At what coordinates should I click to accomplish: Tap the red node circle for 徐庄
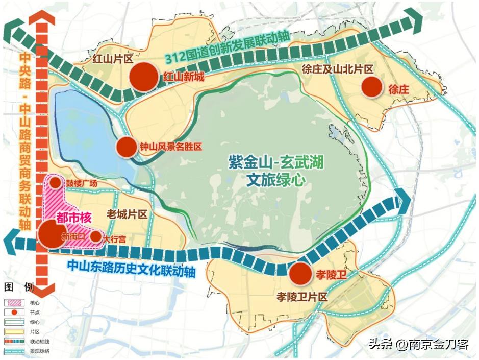pos(372,87)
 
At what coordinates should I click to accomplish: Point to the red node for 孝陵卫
pos(301,274)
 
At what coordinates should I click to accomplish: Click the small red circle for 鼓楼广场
pos(55,183)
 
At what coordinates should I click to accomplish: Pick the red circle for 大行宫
pos(95,236)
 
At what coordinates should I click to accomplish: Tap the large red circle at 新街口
pos(52,235)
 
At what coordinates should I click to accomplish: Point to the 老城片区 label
pos(128,214)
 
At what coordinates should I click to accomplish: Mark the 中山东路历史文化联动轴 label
pos(132,269)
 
